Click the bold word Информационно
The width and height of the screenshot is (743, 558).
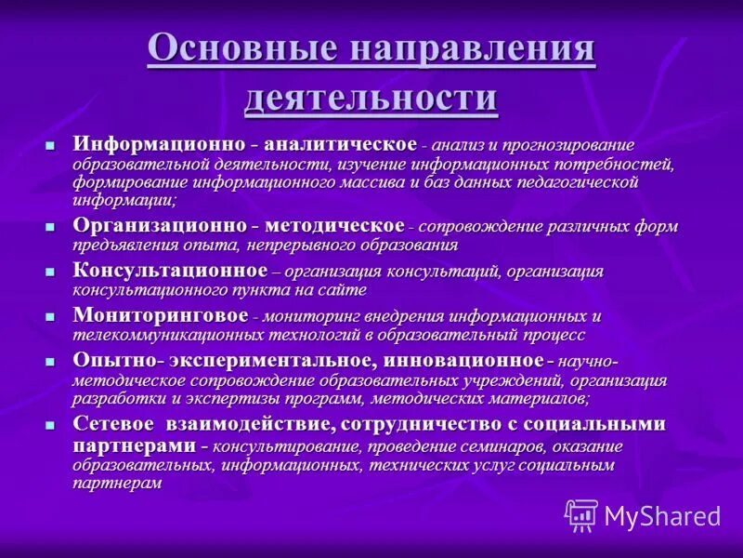click(159, 145)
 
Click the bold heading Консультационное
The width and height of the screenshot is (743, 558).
click(170, 271)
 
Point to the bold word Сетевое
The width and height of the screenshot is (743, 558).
click(114, 424)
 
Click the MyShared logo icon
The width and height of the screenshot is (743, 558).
click(581, 515)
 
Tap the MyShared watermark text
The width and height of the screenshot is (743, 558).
click(662, 516)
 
